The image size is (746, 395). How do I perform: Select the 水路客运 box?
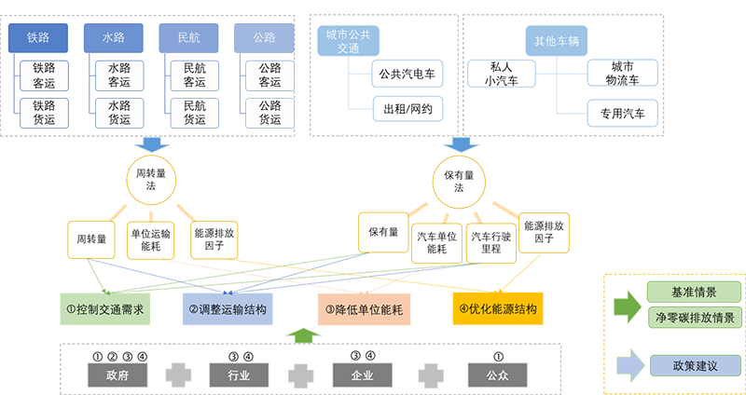click(x=118, y=75)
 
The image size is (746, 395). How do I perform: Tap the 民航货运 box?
click(x=194, y=113)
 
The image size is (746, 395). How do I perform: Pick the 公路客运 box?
click(x=269, y=75)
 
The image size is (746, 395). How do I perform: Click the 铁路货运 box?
click(x=44, y=113)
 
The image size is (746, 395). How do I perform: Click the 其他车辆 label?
click(x=557, y=41)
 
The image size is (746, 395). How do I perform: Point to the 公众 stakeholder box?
click(x=494, y=376)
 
